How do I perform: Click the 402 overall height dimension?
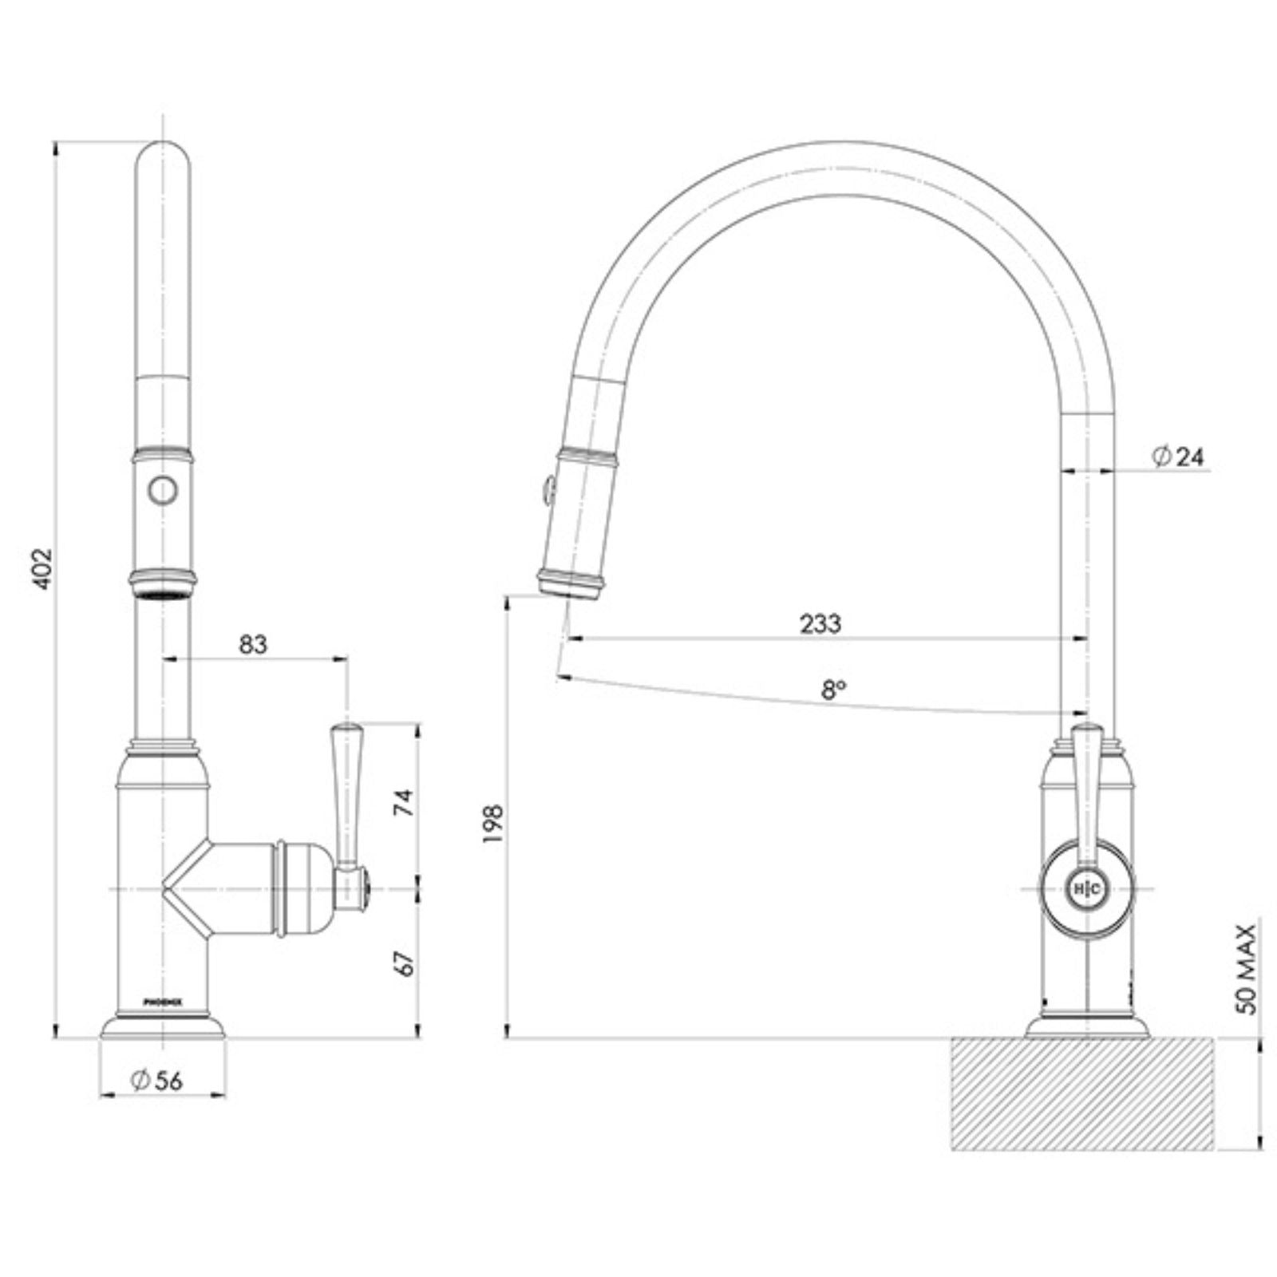(42, 568)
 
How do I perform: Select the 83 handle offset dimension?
(253, 644)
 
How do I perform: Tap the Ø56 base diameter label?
(157, 1080)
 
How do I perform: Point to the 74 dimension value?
(406, 801)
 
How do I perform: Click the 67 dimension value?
(406, 964)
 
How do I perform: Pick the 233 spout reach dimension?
(820, 623)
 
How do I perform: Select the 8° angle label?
(834, 689)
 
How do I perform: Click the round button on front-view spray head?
(163, 490)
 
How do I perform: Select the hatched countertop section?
(1082, 1093)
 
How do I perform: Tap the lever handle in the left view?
(346, 794)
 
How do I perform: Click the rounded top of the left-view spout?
(163, 156)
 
